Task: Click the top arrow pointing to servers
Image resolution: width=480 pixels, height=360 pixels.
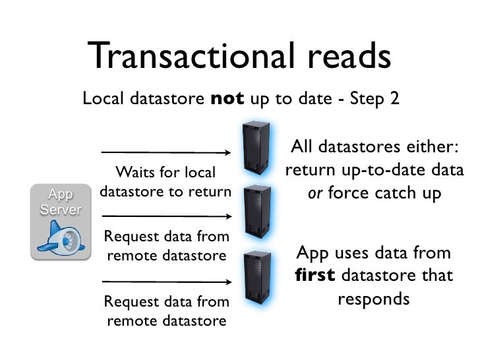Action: (x=165, y=152)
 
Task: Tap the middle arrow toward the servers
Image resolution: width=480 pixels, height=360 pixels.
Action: (x=165, y=216)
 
